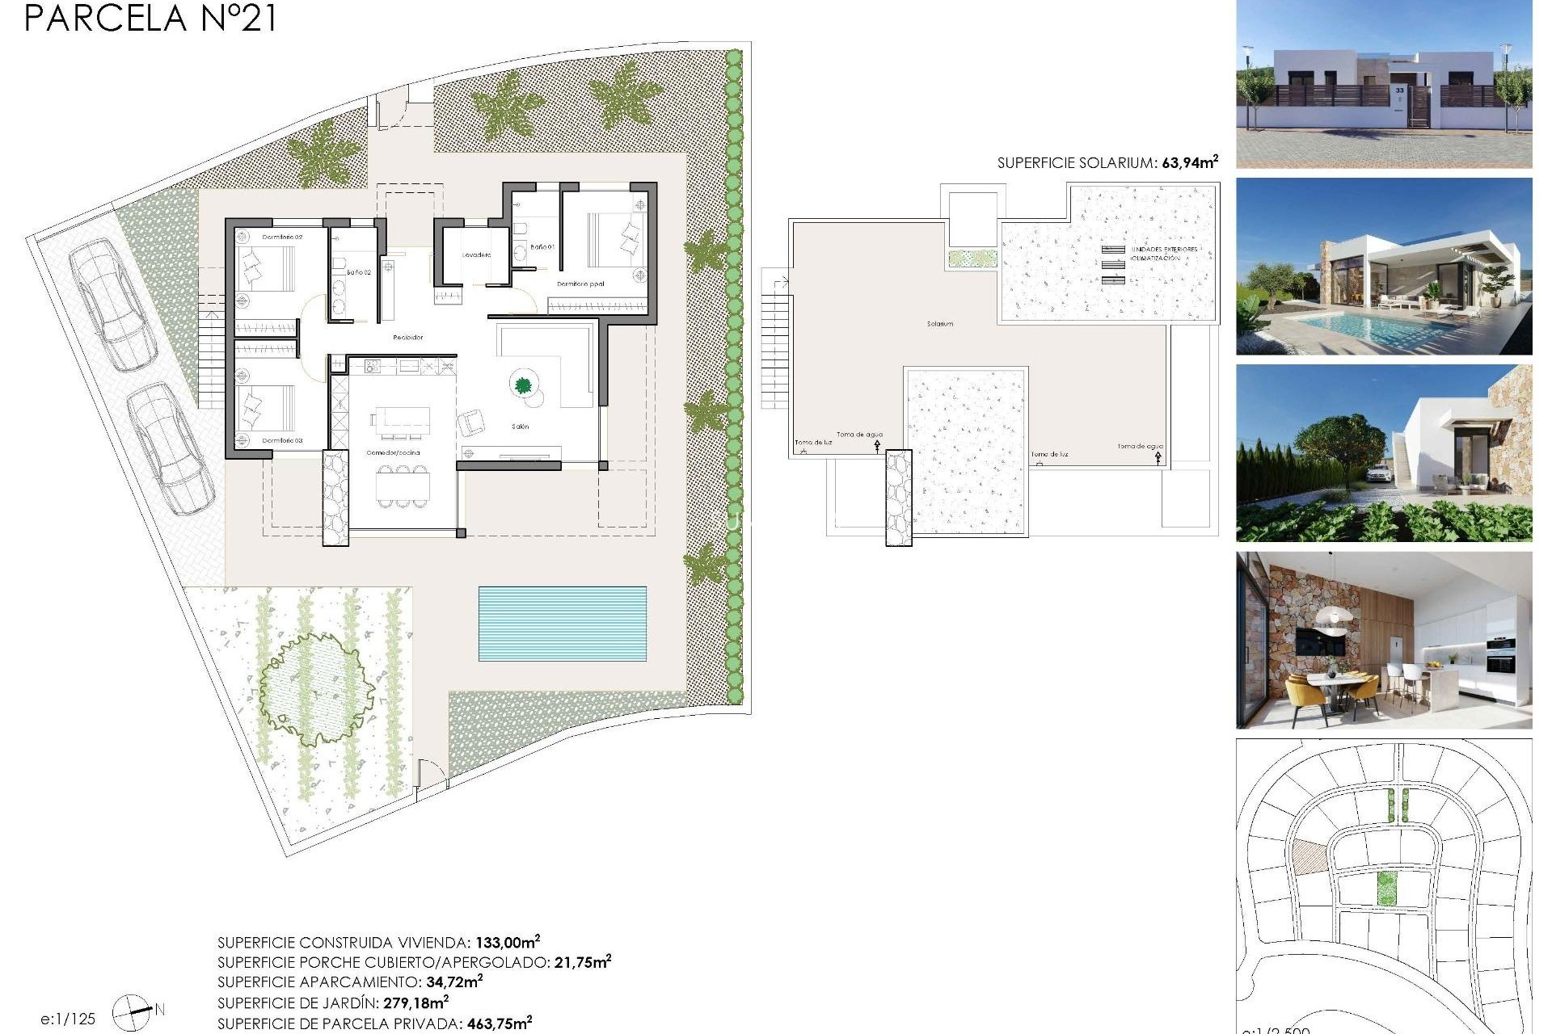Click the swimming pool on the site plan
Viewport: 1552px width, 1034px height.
click(562, 623)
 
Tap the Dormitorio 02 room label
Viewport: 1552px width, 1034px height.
click(282, 237)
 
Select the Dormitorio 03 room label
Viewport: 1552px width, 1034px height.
click(282, 440)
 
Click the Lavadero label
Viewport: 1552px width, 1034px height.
click(476, 255)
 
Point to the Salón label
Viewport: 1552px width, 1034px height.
click(520, 427)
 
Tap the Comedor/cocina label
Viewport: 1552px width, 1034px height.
click(393, 453)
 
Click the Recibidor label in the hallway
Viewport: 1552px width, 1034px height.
click(407, 338)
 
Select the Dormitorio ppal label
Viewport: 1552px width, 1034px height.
click(580, 284)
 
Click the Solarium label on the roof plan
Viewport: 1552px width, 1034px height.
click(939, 324)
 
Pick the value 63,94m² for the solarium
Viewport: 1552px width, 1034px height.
click(1189, 162)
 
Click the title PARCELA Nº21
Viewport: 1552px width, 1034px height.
click(150, 19)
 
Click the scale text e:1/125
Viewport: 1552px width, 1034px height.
click(68, 1019)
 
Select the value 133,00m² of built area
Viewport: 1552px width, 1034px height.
click(507, 942)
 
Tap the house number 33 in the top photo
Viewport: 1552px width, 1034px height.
click(1399, 90)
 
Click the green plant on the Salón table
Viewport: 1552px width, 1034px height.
click(523, 385)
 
